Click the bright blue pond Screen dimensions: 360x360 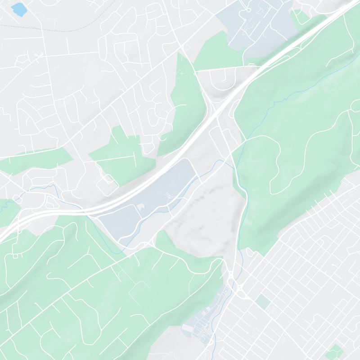(x=18, y=8)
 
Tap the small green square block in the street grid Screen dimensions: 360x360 (x=263, y=302)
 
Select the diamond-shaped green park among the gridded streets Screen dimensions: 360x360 (x=334, y=350)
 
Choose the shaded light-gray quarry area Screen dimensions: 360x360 (x=202, y=211)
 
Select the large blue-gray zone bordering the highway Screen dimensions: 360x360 (x=148, y=198)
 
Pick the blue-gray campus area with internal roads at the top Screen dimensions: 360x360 (x=256, y=27)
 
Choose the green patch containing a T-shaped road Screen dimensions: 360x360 (x=121, y=153)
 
